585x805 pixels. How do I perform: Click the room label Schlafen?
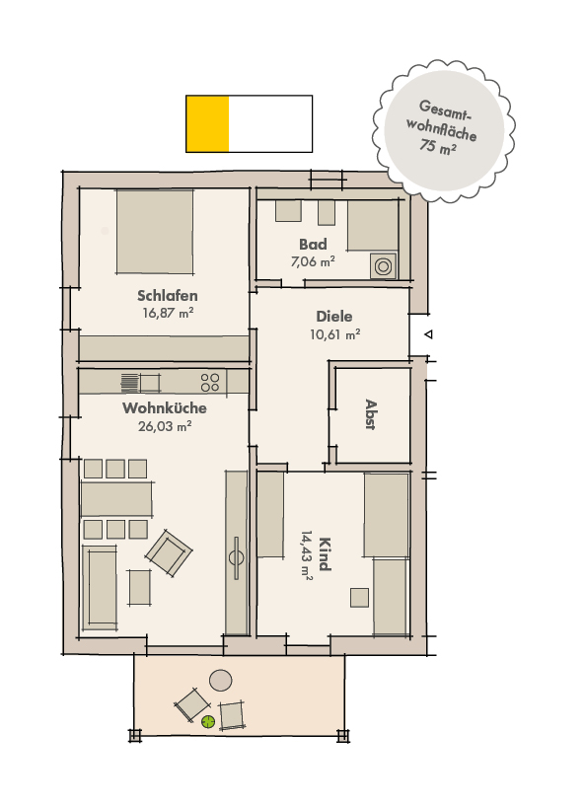(x=167, y=295)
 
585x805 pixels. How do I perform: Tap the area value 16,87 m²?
(x=167, y=313)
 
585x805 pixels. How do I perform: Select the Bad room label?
(x=313, y=244)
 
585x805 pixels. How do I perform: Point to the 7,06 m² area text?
(x=313, y=261)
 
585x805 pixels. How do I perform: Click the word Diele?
(x=334, y=317)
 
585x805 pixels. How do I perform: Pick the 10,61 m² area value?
(x=335, y=334)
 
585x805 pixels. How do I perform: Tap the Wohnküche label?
(x=165, y=408)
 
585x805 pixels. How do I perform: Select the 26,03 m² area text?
(x=165, y=426)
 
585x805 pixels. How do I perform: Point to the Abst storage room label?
(x=371, y=413)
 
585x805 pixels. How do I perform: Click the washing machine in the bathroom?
(x=382, y=265)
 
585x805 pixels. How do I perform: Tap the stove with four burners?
(x=210, y=381)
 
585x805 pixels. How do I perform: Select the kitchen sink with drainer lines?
(x=131, y=382)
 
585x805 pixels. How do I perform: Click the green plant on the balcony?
(x=208, y=722)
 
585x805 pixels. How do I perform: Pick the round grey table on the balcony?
(x=221, y=680)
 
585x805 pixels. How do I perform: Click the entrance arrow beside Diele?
(x=427, y=336)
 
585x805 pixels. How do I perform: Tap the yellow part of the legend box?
(x=207, y=124)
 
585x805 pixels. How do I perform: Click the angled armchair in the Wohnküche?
(x=169, y=552)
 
